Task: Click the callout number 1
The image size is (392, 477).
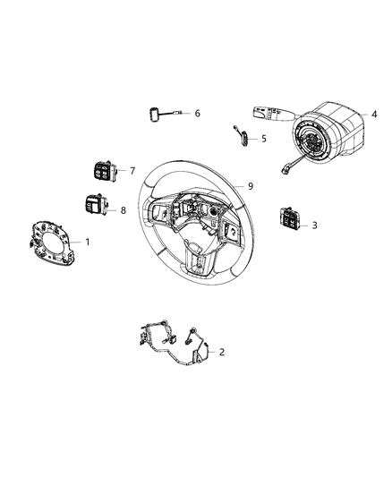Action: click(x=88, y=242)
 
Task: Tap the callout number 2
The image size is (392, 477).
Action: click(x=222, y=352)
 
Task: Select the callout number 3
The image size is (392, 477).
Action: click(x=314, y=226)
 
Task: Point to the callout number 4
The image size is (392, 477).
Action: click(x=374, y=115)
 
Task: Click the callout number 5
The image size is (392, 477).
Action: click(x=263, y=139)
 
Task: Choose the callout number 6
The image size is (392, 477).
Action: click(x=197, y=114)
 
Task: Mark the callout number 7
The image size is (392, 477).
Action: click(x=132, y=171)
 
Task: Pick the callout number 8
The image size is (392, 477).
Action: click(x=124, y=210)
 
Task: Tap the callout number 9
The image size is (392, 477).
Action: click(x=251, y=186)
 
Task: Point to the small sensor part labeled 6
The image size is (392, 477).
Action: click(x=158, y=115)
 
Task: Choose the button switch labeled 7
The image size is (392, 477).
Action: click(x=101, y=171)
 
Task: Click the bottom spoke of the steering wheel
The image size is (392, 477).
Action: click(x=200, y=260)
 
